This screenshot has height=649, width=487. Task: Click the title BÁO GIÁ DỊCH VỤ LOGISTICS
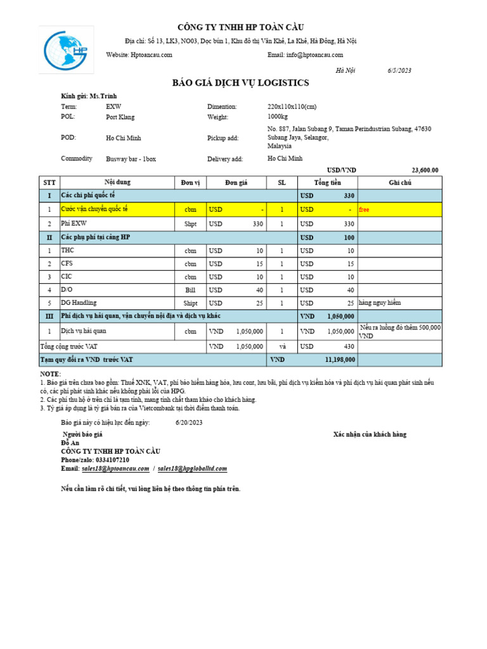coord(240,83)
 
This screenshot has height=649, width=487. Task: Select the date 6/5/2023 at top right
coord(399,70)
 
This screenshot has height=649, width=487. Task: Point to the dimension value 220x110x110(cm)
coord(292,107)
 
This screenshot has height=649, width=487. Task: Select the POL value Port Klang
coord(120,117)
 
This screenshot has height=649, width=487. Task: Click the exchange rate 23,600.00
coord(425,170)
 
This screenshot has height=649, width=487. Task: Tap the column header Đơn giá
coord(235,183)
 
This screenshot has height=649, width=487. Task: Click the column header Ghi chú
coord(399,183)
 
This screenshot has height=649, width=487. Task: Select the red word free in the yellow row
coord(364,209)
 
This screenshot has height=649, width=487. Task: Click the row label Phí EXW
coord(73,223)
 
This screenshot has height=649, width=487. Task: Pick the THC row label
coord(67,250)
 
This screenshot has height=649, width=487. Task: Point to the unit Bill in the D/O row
coord(190,290)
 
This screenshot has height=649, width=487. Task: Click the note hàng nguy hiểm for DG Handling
coord(379,303)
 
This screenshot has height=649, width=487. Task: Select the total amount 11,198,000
coord(339,359)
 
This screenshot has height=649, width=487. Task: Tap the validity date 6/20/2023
coord(189,422)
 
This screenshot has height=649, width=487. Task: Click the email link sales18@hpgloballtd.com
coord(192,468)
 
